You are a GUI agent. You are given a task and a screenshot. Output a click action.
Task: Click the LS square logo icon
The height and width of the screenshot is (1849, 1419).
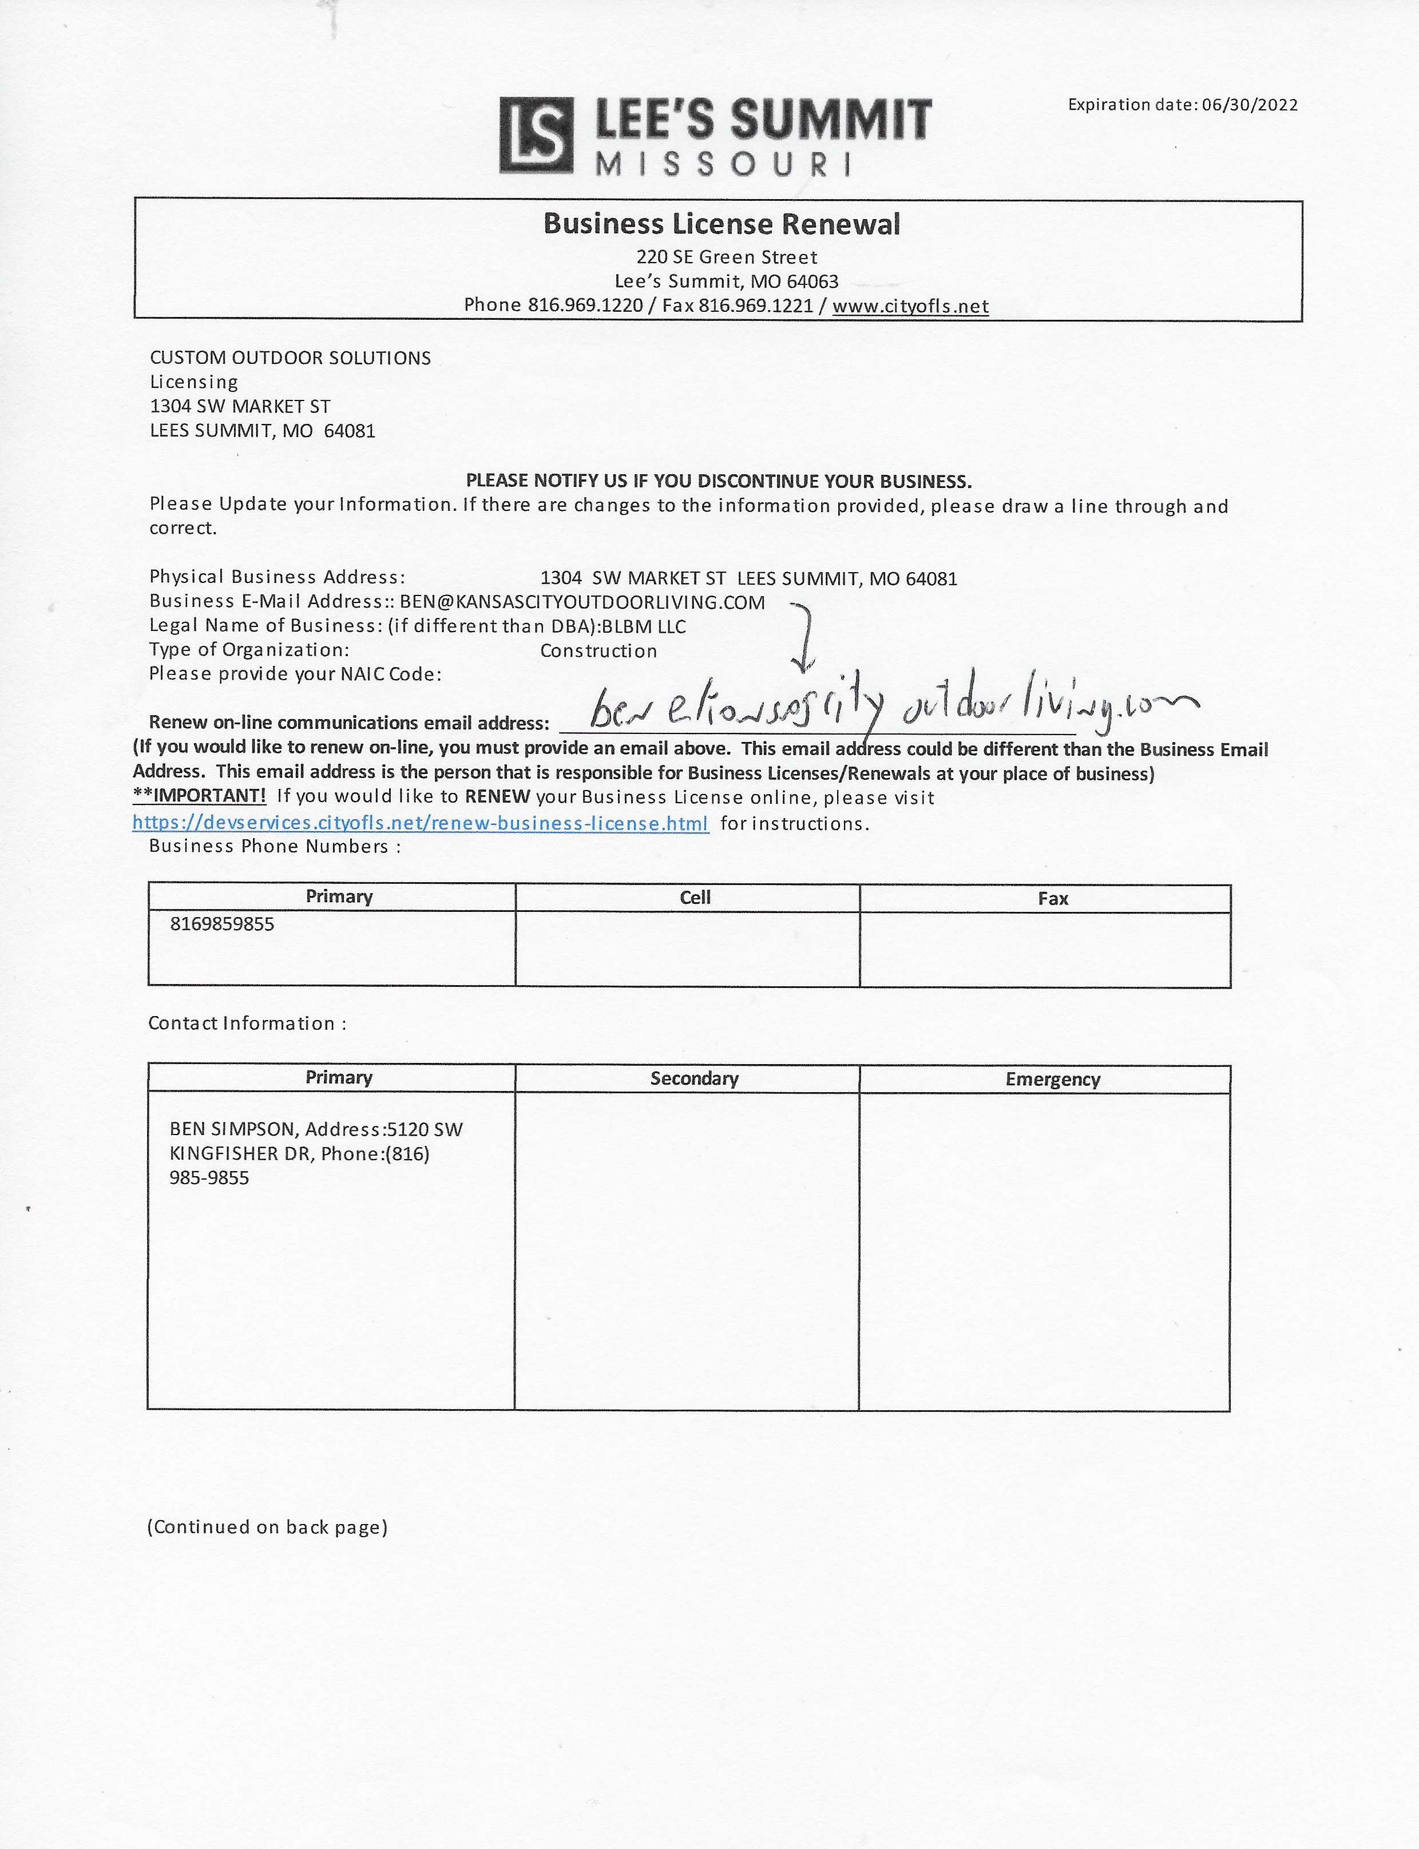tap(536, 135)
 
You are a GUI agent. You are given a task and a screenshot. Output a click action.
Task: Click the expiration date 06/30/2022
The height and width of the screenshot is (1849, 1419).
tap(1249, 105)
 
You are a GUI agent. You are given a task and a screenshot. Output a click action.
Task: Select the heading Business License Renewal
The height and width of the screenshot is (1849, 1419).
tap(722, 224)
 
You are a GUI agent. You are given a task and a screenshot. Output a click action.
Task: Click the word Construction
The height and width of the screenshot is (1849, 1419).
tap(598, 651)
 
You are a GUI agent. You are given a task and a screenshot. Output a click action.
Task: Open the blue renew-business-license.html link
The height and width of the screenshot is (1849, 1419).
tap(420, 823)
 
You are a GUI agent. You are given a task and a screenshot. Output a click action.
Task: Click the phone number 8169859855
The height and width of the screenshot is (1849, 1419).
tap(222, 924)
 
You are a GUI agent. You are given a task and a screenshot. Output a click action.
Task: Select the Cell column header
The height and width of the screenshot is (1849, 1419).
tap(695, 898)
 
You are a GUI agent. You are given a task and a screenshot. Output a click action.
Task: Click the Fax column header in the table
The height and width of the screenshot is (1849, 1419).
tap(1052, 898)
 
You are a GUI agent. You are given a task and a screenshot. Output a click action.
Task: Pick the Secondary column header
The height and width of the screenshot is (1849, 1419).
tap(694, 1078)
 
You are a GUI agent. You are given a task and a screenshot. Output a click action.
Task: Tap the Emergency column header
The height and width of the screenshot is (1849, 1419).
tap(1052, 1079)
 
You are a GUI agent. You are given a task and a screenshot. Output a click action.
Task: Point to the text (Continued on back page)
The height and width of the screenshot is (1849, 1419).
tap(267, 1526)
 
